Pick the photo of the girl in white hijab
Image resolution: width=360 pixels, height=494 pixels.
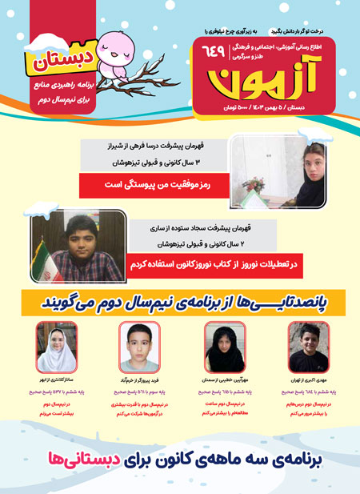(x=56, y=347)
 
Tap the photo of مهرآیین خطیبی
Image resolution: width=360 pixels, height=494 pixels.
(x=224, y=347)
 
